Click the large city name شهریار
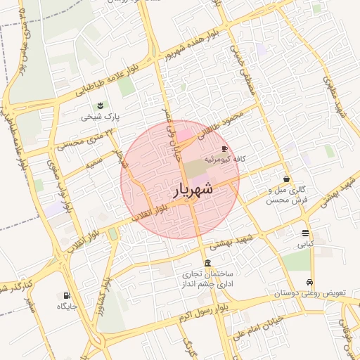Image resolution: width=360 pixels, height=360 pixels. [x=192, y=188]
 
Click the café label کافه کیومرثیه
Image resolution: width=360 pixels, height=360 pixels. [x=224, y=160]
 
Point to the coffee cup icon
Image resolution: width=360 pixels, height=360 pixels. [x=225, y=148]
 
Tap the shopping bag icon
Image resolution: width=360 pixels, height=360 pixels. [x=286, y=179]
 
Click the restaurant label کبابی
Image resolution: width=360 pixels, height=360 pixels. [x=304, y=244]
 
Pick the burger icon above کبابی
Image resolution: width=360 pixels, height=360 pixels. [x=304, y=233]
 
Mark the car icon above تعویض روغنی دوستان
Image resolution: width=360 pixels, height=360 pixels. [x=310, y=281]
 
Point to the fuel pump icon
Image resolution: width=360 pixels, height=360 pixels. [x=67, y=296]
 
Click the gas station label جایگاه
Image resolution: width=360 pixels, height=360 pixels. [x=67, y=307]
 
